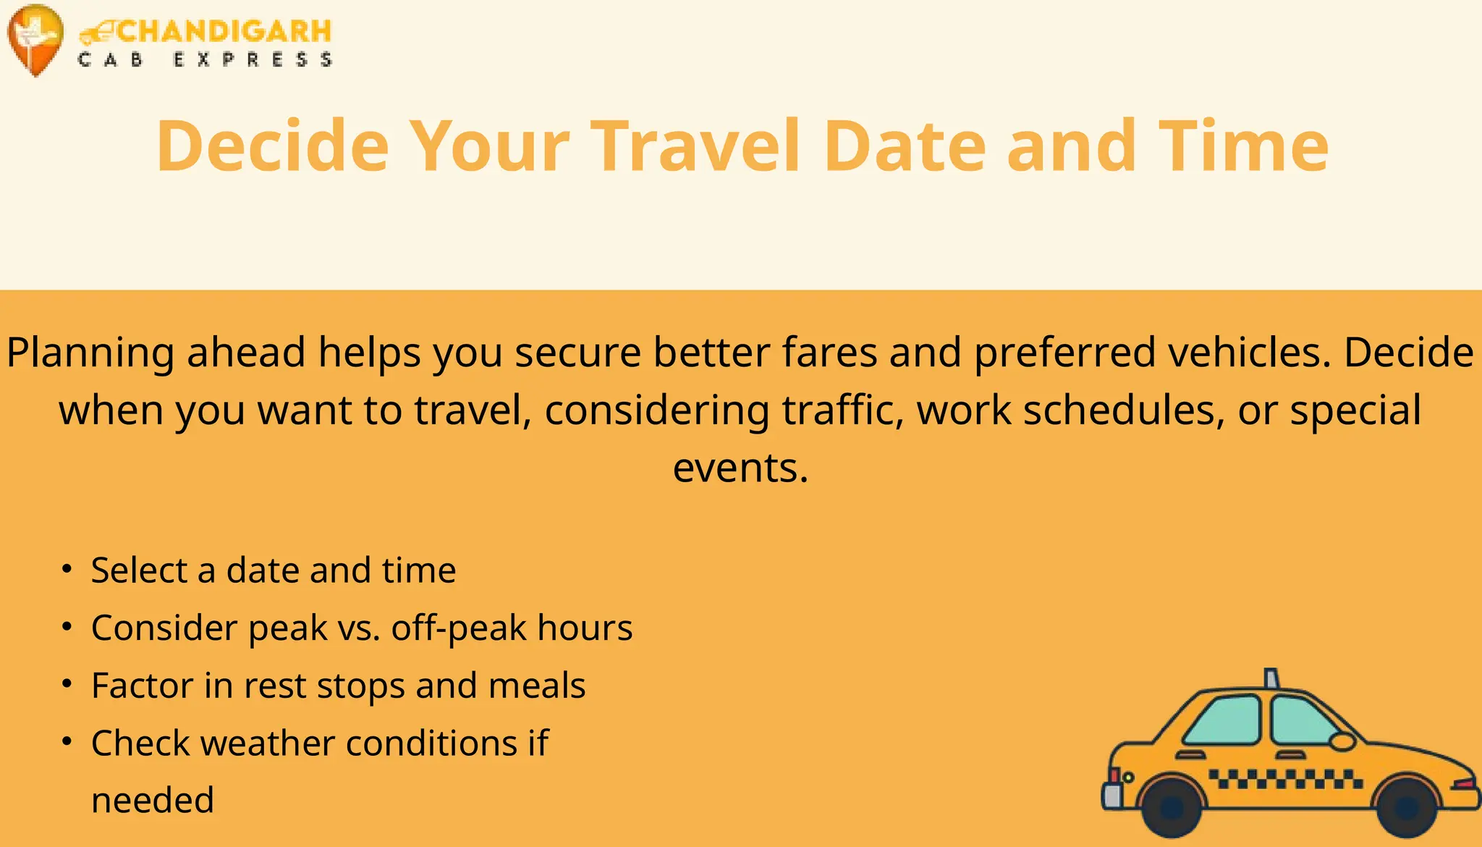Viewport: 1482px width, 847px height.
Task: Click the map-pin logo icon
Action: coord(35,38)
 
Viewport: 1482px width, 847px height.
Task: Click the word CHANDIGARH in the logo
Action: coord(223,31)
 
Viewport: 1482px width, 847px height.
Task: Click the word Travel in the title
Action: coord(695,146)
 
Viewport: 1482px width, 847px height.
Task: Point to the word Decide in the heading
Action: coord(272,146)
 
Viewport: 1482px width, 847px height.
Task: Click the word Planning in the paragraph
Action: coord(90,353)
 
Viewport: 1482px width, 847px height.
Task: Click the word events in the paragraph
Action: coord(740,468)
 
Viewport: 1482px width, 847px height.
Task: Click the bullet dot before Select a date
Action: coord(67,570)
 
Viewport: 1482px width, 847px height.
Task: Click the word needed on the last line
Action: coord(153,801)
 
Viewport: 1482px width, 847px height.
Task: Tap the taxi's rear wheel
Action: coord(1172,806)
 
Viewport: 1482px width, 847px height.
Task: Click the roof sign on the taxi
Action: coord(1271,678)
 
